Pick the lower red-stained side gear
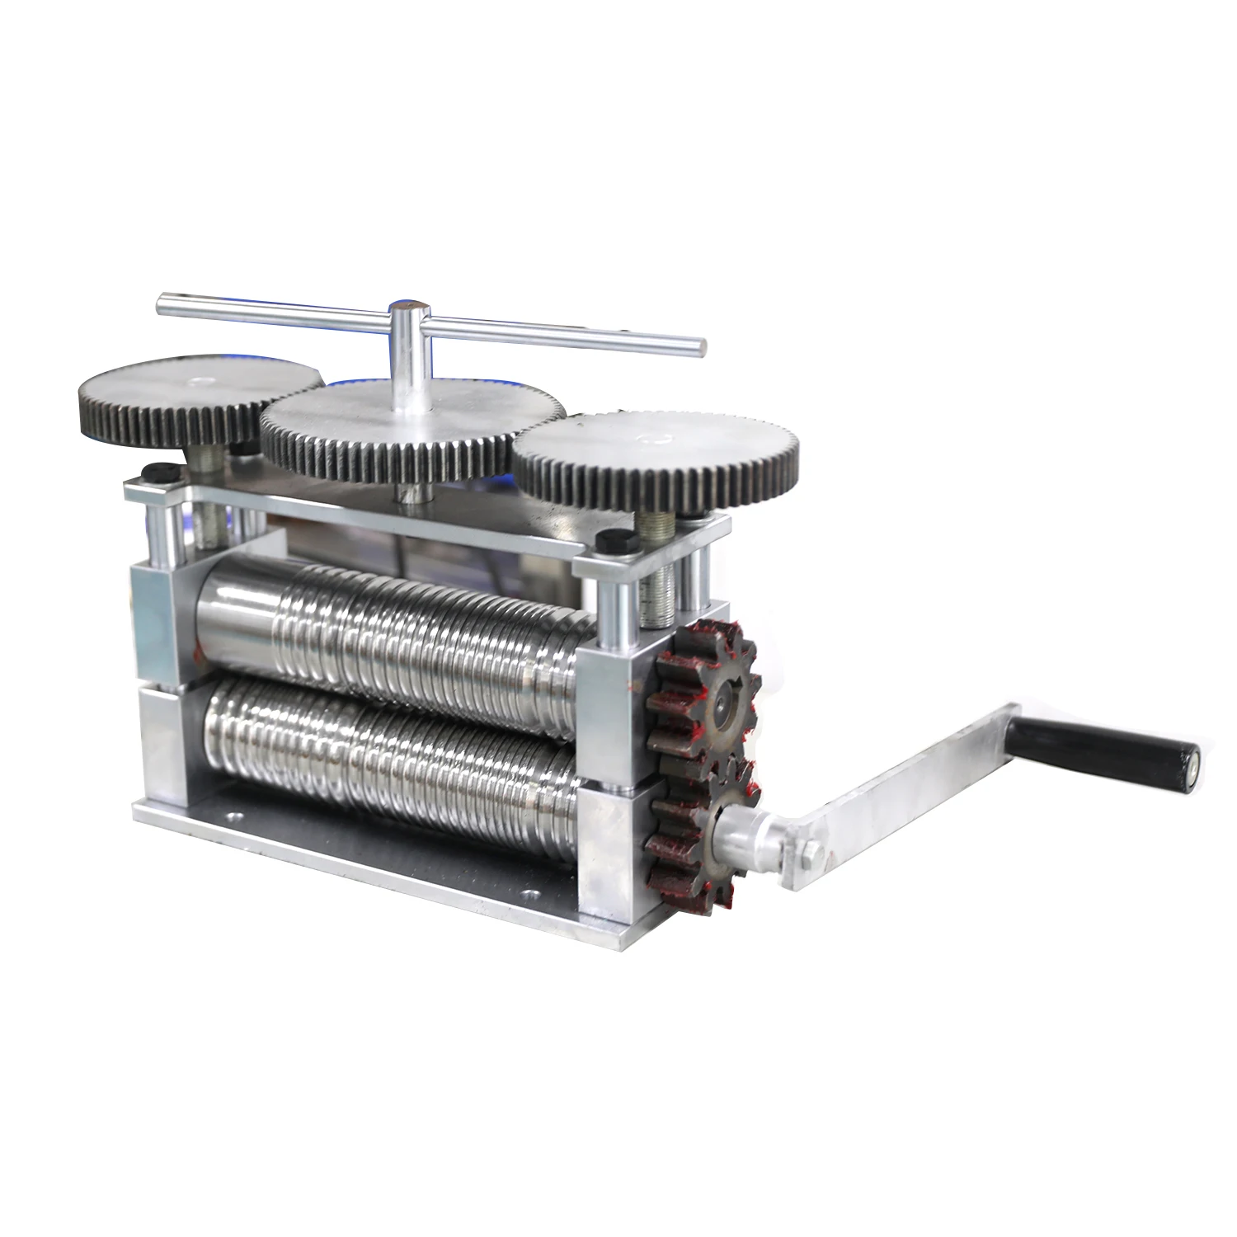693,833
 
